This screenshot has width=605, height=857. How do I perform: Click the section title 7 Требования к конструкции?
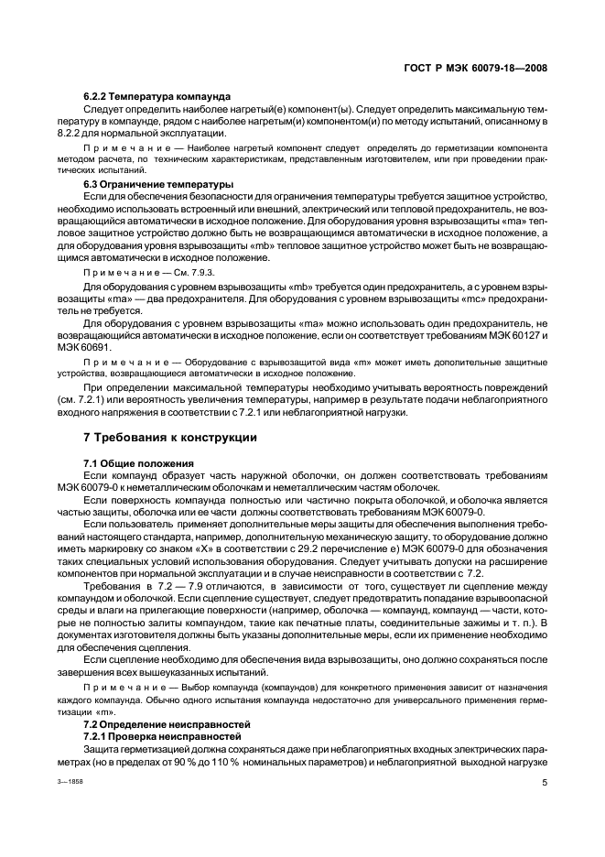(170, 438)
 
